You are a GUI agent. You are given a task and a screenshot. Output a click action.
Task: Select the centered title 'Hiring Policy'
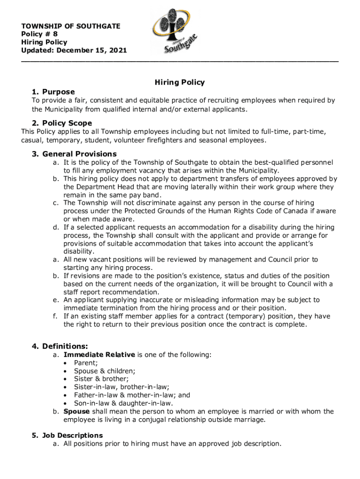pos(180,82)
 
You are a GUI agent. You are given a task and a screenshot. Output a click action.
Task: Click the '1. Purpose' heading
pos(54,92)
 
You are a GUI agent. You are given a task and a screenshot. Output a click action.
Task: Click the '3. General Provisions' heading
pos(74,154)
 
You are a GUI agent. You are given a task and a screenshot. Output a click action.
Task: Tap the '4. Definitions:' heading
pos(60,347)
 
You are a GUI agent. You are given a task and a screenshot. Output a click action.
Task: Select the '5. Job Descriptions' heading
pos(67,435)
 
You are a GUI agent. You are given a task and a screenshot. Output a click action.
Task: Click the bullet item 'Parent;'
pos(86,363)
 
